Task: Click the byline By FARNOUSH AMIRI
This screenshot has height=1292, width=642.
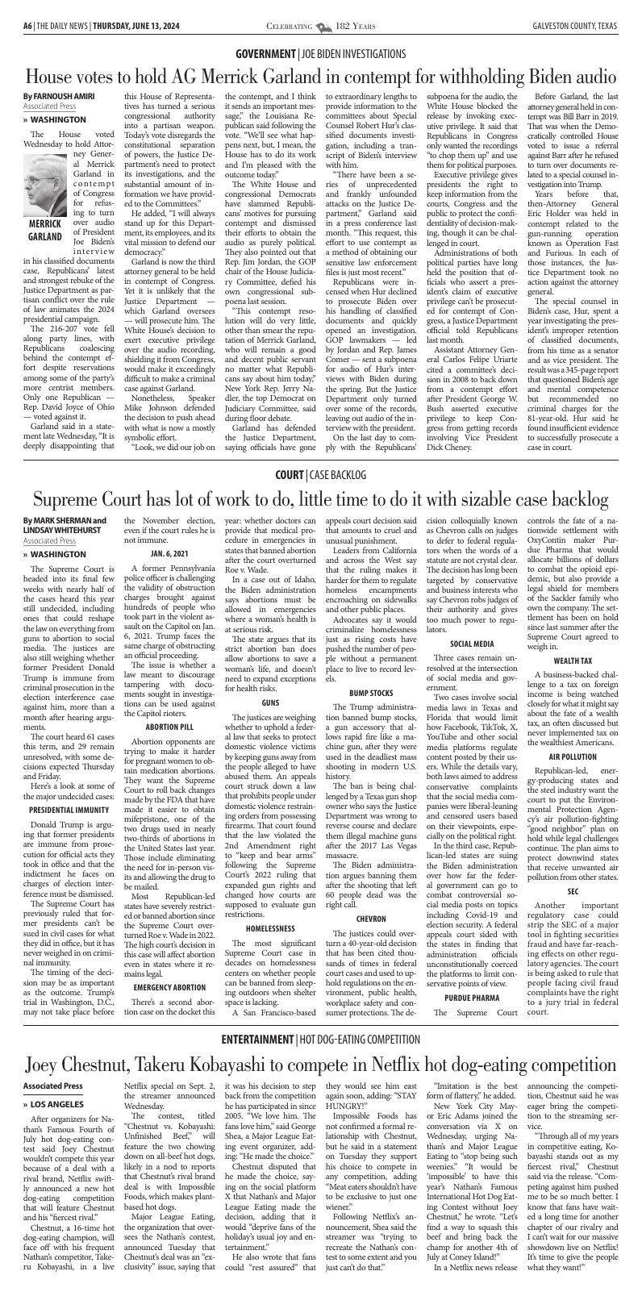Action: (x=59, y=96)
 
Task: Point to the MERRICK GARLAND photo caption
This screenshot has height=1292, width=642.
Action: (x=45, y=207)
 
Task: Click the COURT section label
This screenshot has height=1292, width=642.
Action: (x=289, y=474)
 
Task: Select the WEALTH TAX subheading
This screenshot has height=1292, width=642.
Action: (x=573, y=683)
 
